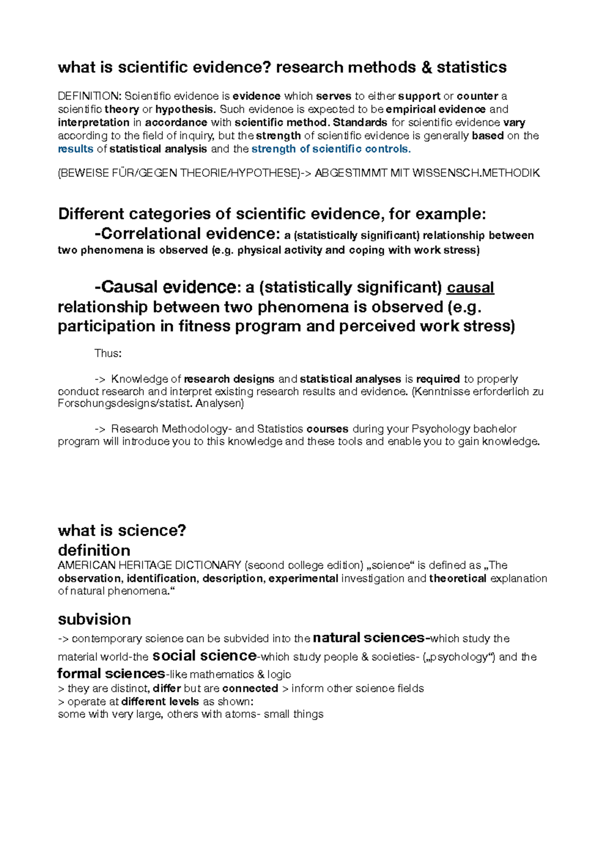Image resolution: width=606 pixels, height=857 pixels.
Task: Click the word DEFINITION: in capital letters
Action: pyautogui.click(x=89, y=96)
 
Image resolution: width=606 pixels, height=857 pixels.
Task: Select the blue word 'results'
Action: pyautogui.click(x=76, y=149)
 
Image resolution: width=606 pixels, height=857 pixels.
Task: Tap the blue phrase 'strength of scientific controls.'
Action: pyautogui.click(x=331, y=149)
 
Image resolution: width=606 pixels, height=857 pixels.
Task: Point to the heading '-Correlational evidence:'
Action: pyautogui.click(x=187, y=234)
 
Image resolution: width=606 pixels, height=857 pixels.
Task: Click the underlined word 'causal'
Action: pyautogui.click(x=470, y=288)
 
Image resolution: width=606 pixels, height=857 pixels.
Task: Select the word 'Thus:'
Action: pyautogui.click(x=108, y=353)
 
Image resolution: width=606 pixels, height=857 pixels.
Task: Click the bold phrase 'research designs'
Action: pyautogui.click(x=229, y=379)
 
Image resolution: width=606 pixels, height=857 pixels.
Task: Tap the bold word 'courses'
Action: pyautogui.click(x=327, y=429)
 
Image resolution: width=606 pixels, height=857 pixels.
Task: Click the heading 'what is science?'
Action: pyautogui.click(x=122, y=531)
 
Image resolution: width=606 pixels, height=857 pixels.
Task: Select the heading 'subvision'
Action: pyautogui.click(x=94, y=619)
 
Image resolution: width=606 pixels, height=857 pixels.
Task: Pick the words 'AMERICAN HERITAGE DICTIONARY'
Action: pyautogui.click(x=149, y=565)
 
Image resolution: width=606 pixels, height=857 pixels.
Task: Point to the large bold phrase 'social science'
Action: pyautogui.click(x=205, y=656)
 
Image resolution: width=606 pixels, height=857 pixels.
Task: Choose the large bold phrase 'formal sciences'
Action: pyautogui.click(x=111, y=674)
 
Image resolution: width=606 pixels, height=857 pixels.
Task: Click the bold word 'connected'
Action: pyautogui.click(x=250, y=688)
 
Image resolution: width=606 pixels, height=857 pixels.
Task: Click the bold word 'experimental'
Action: pyautogui.click(x=304, y=578)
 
